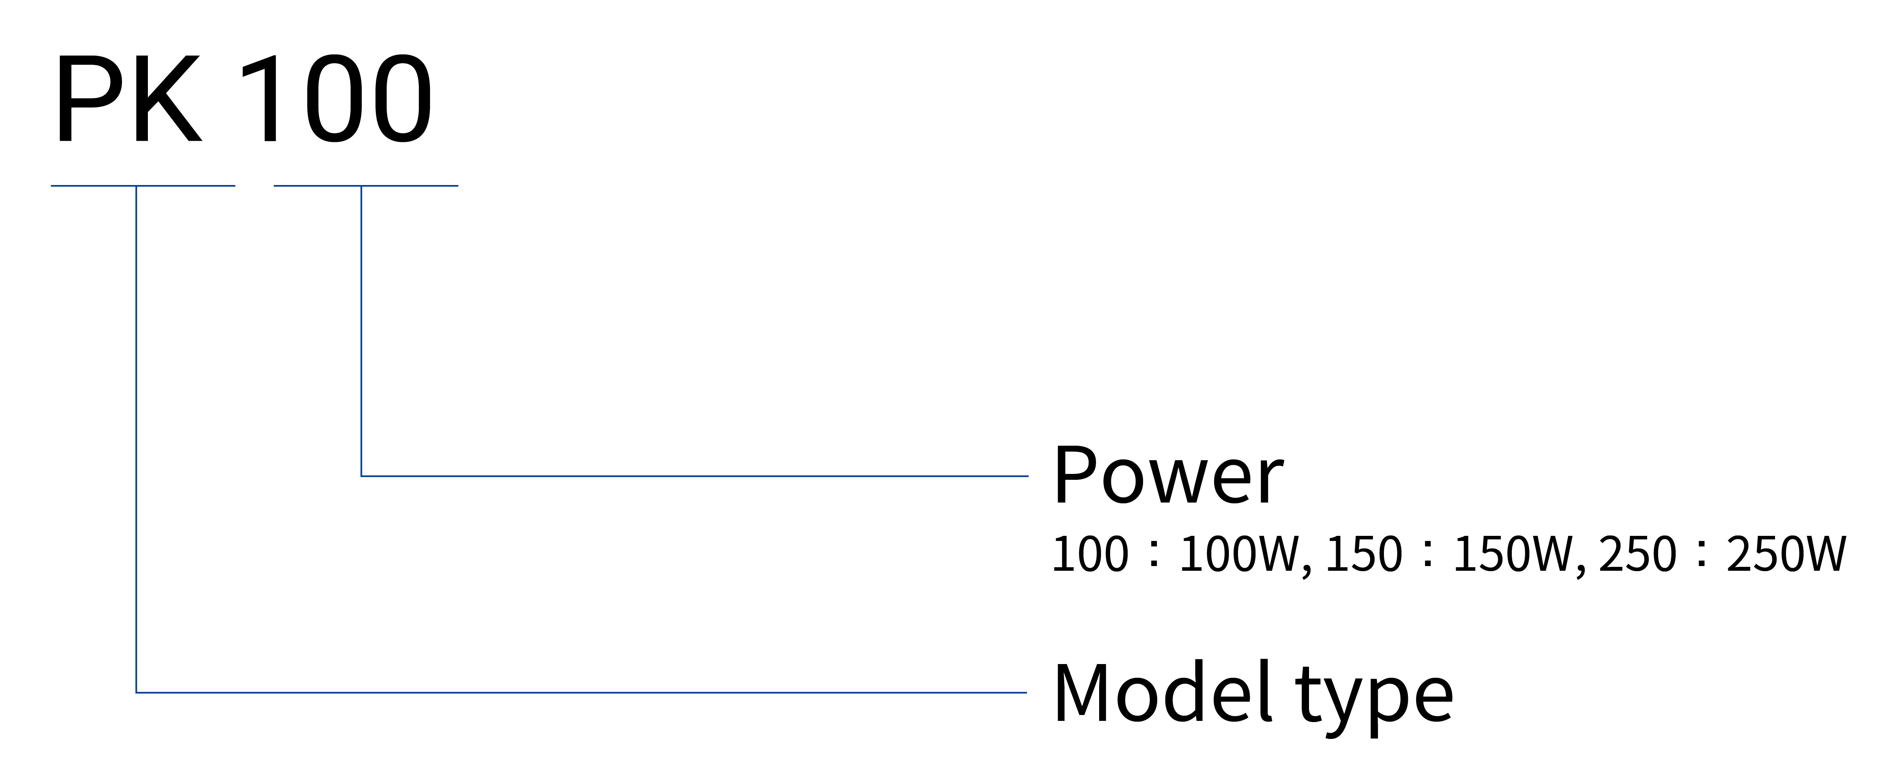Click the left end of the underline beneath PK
[x=51, y=186]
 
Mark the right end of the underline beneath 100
[x=458, y=186]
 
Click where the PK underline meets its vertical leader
[x=137, y=186]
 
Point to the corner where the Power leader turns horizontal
[x=361, y=476]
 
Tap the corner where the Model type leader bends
[x=137, y=692]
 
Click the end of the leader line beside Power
[x=1028, y=476]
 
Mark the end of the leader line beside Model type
[x=1027, y=692]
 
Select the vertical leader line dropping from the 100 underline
[x=361, y=331]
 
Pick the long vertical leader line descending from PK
[x=137, y=439]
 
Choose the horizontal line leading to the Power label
[x=695, y=476]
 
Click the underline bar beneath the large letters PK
[x=143, y=186]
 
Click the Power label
[x=1167, y=475]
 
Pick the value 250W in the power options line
[x=1786, y=554]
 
